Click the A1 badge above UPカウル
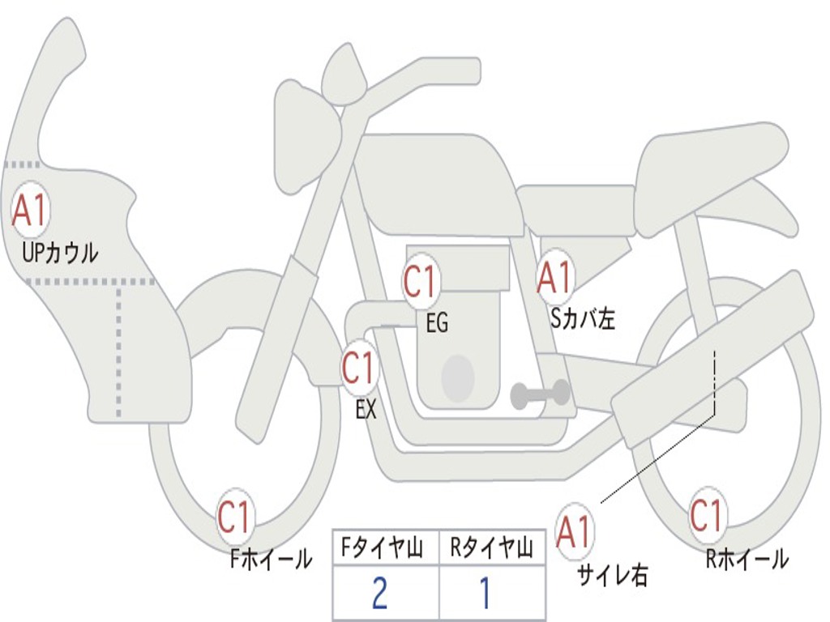30,211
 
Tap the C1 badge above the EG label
420,281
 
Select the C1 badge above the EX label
359,368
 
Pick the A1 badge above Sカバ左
554,278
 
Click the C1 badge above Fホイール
234,516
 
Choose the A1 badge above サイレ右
574,531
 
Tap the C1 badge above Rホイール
707,515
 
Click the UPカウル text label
60,253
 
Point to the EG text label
437,322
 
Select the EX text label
366,409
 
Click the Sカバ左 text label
583,319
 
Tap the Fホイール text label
271,559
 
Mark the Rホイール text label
747,559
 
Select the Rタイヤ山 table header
491,547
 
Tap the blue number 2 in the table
380,592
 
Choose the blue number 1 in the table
486,592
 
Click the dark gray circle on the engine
458,378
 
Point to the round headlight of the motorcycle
308,135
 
